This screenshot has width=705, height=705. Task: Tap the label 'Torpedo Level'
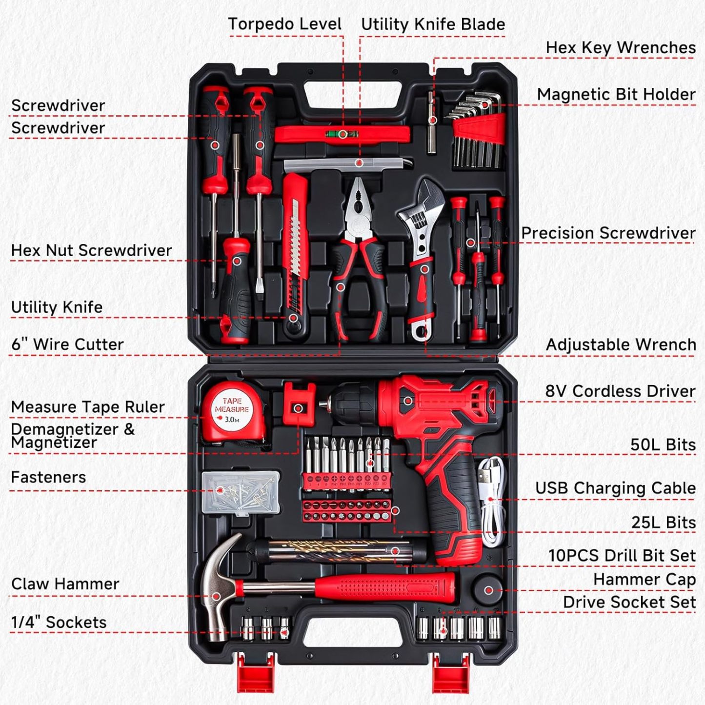click(x=284, y=24)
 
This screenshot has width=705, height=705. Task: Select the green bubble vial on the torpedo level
click(x=343, y=134)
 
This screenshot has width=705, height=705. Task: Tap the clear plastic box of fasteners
click(x=241, y=492)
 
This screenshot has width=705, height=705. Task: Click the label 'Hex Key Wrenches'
click(x=620, y=47)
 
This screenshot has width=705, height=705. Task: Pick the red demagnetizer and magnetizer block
click(x=299, y=404)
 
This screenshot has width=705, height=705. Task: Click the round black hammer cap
click(x=488, y=589)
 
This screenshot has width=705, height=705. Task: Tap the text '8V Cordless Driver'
click(x=620, y=391)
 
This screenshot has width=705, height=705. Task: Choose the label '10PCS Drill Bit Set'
click(x=622, y=555)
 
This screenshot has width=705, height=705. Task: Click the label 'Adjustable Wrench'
click(x=621, y=344)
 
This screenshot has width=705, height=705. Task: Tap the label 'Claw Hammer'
click(x=65, y=584)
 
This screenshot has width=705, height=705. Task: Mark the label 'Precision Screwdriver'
click(x=608, y=233)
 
